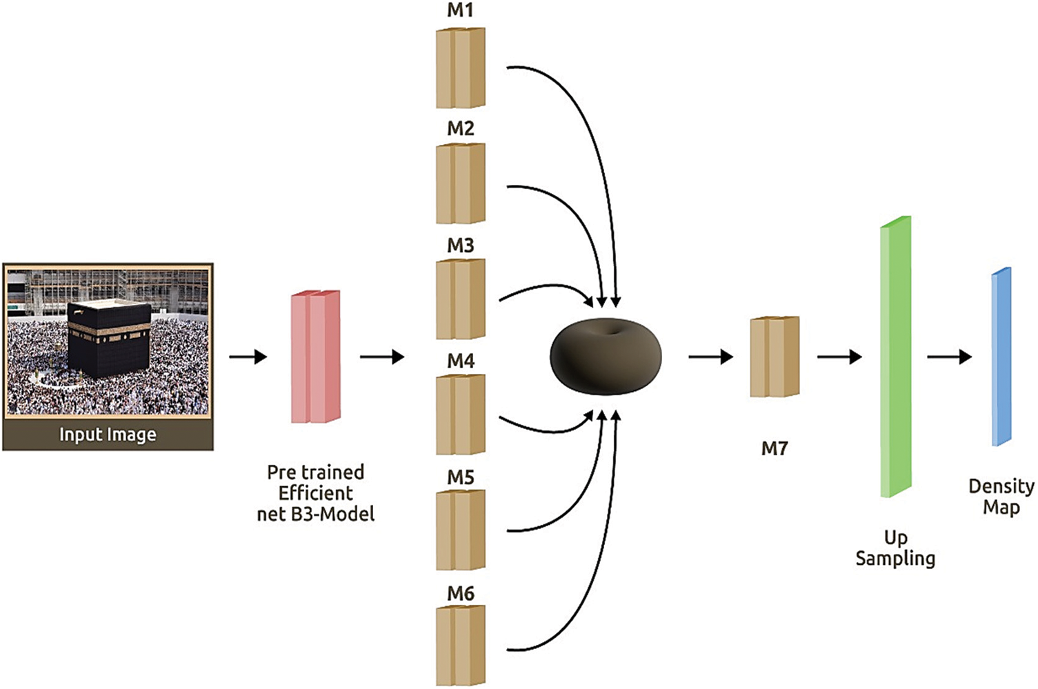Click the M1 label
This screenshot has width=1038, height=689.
coord(460,11)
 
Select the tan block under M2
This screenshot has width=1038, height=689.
coord(460,183)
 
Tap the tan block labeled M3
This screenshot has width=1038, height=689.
coord(460,299)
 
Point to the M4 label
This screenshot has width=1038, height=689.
coord(460,361)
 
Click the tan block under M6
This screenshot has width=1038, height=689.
coord(460,646)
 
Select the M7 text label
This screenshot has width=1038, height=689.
coord(774,449)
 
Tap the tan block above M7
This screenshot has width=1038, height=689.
coord(775,357)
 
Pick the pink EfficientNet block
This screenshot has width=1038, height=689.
coord(315,357)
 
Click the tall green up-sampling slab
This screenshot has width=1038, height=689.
coord(895,357)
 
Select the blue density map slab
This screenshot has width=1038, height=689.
coord(1001,357)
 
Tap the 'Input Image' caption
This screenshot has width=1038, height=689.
coord(108,435)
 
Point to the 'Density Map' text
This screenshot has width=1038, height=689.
coord(1001,497)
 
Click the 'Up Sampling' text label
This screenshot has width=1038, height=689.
coord(895,548)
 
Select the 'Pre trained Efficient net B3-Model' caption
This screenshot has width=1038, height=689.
coord(315,493)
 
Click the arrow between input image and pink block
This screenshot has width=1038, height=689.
coord(248,357)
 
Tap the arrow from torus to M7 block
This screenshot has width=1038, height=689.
coord(710,357)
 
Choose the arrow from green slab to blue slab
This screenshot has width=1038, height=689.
coord(949,357)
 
